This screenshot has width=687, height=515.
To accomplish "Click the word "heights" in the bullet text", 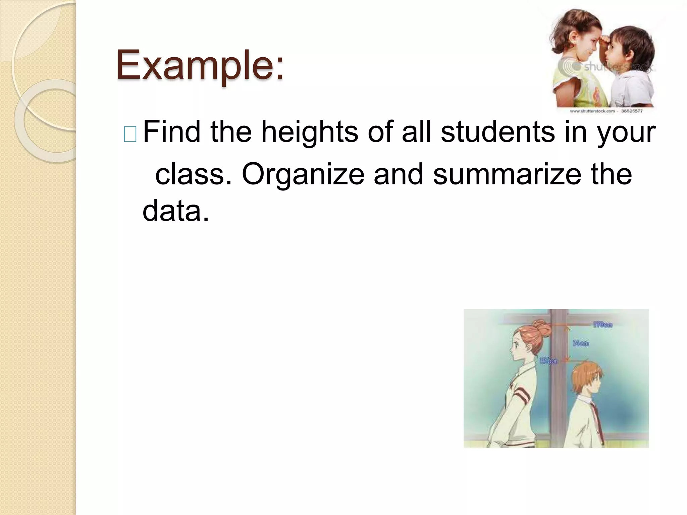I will tap(310, 132).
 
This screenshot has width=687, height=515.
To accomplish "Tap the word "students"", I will tap(497, 132).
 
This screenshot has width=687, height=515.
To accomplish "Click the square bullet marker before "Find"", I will tap(130, 135).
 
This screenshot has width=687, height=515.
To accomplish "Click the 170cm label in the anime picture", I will tap(603, 325).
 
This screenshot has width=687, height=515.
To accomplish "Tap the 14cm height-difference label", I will tap(581, 343).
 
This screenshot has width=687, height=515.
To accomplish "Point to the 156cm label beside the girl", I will tap(548, 361).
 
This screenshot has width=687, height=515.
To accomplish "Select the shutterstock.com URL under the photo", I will tap(592, 111).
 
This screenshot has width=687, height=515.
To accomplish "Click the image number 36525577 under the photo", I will tap(632, 111).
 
